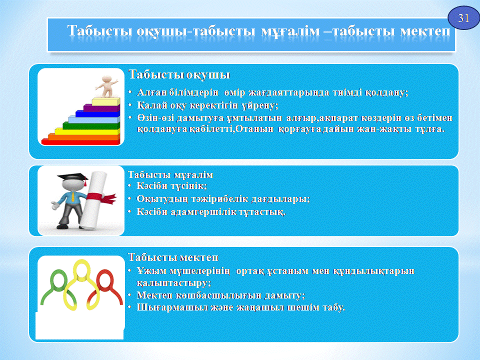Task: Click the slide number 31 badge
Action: coord(463,18)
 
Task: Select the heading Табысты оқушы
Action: coord(179,74)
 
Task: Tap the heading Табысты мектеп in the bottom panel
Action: coord(173,257)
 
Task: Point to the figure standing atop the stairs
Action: coord(107,86)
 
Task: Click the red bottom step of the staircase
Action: coord(80,142)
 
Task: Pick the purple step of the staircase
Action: coord(101,108)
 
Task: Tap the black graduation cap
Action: coord(73,178)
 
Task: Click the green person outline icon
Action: coord(56,287)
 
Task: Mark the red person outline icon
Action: coord(105,288)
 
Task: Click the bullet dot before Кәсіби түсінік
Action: coord(130,185)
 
